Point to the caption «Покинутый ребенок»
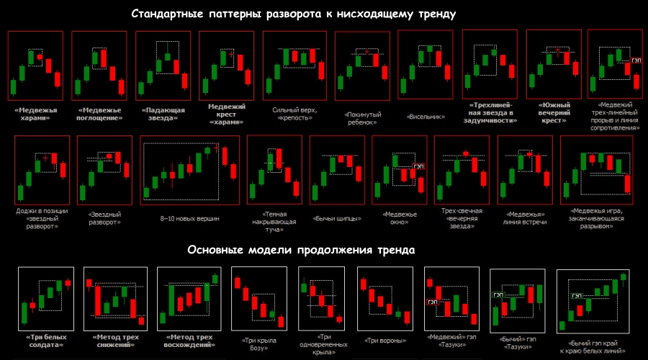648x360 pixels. pos(363,118)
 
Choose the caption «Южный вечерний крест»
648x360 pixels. pos(554,114)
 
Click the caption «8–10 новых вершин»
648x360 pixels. pos(189,218)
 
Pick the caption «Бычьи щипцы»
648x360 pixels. pos(337,218)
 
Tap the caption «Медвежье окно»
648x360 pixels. pos(399,218)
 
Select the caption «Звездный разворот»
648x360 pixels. pos(104,218)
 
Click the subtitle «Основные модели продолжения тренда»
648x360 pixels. pos(301,251)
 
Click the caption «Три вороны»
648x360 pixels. pos(382,341)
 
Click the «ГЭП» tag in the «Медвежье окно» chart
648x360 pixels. pos(418,166)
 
